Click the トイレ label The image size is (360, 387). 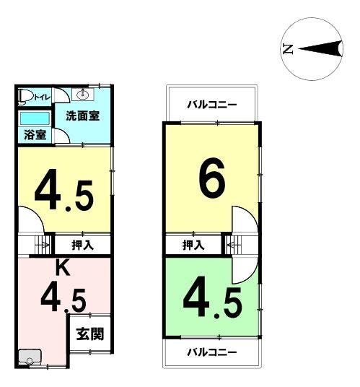click(42, 97)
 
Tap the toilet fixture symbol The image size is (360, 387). click(25, 97)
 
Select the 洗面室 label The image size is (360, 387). click(82, 116)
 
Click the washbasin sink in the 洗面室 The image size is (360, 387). click(83, 95)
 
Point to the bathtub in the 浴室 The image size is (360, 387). click(35, 119)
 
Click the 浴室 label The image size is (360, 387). click(35, 135)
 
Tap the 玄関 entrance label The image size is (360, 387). click(89, 334)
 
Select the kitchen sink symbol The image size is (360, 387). click(30, 357)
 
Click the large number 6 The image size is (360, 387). click(212, 178)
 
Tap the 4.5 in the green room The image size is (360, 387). click(212, 297)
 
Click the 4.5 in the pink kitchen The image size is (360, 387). click(63, 300)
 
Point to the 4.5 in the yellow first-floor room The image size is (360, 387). click(64, 190)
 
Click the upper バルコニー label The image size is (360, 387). click(212, 105)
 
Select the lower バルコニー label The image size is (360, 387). click(212, 352)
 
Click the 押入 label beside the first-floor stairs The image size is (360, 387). click(82, 245)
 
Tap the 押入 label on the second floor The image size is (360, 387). click(193, 245)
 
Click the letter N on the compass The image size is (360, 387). click(288, 49)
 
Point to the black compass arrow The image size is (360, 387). click(320, 49)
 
